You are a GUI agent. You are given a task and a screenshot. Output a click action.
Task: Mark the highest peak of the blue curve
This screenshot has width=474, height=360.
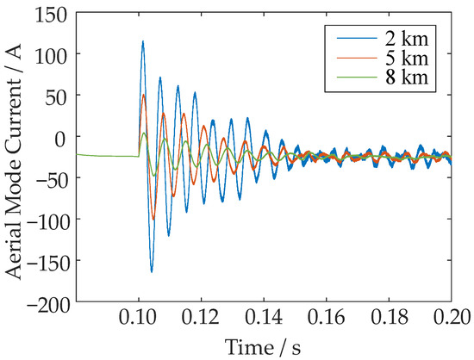143,40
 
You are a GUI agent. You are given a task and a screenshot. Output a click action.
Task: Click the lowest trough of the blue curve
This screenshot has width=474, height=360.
151,271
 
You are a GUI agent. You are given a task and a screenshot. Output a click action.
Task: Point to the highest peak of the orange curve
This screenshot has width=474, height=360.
144,95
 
